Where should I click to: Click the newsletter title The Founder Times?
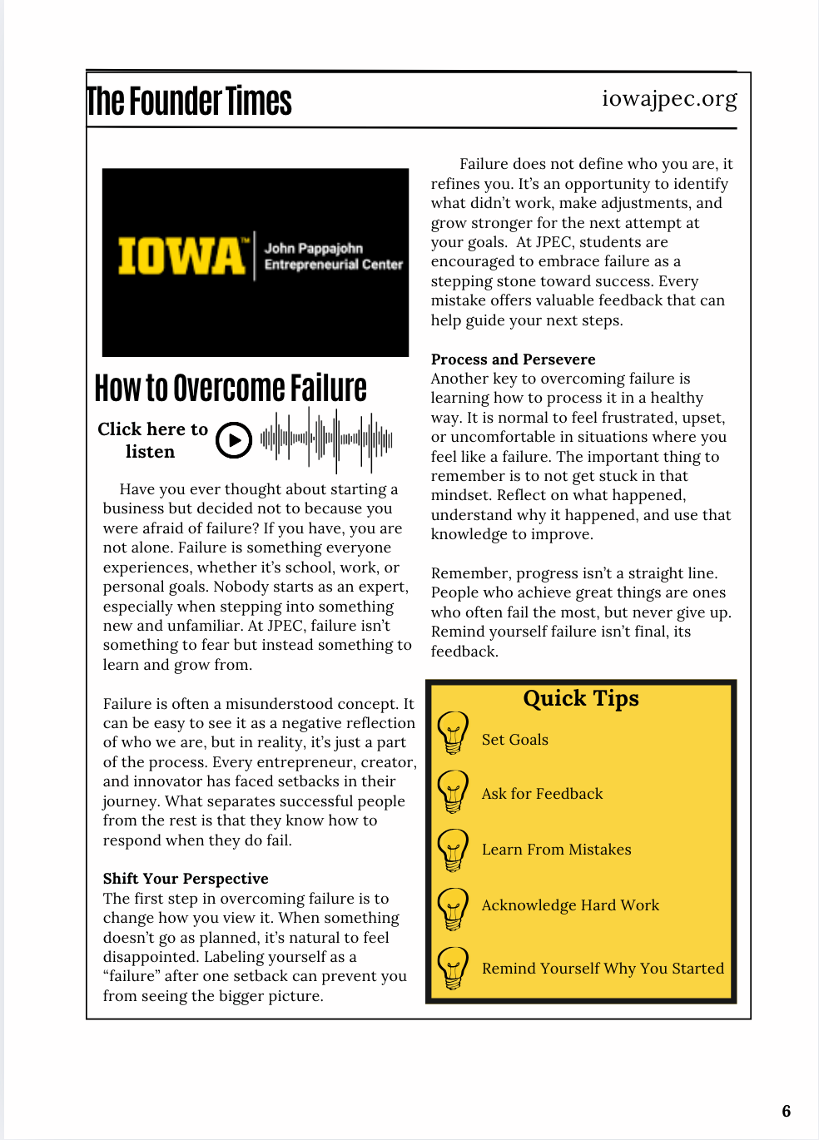[189, 102]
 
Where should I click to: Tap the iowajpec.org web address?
[669, 99]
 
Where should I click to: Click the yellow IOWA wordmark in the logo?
[182, 256]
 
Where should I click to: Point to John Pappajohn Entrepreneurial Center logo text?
[333, 256]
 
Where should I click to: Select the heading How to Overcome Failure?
[231, 389]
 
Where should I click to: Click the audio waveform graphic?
[325, 438]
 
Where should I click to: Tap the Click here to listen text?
[152, 440]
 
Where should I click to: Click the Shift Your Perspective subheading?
[186, 879]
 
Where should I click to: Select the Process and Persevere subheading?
[513, 359]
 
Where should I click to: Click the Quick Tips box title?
[581, 698]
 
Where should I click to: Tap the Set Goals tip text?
[514, 740]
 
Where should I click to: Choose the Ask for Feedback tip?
[542, 794]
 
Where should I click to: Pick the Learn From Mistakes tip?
[556, 850]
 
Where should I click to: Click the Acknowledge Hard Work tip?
[570, 905]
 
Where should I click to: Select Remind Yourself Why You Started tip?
[603, 969]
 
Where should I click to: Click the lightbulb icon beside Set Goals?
[453, 733]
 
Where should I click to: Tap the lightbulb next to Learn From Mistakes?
[453, 850]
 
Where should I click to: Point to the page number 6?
[787, 1111]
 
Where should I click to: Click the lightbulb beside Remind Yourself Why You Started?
[453, 969]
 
